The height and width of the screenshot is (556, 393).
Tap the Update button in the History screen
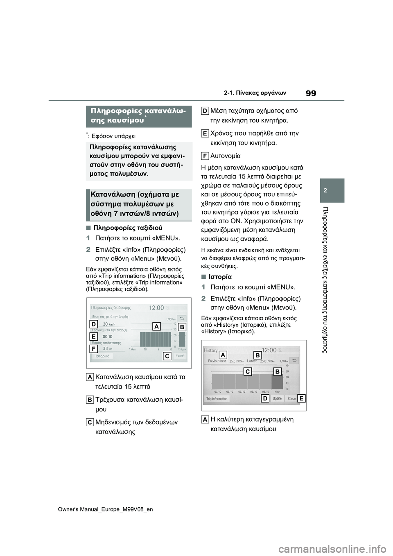(x=278, y=398)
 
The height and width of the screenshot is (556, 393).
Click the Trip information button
(x=217, y=399)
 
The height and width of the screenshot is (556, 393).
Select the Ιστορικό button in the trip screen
(x=102, y=356)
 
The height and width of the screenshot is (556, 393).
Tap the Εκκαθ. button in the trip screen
(x=180, y=356)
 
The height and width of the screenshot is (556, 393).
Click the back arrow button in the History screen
(x=295, y=360)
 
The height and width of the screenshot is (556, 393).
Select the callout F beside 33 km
(x=93, y=349)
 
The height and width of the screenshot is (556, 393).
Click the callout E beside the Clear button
(x=301, y=398)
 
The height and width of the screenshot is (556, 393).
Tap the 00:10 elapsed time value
(x=107, y=337)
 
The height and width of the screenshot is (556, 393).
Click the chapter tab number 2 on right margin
(x=332, y=191)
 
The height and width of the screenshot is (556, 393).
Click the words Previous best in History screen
(x=217, y=361)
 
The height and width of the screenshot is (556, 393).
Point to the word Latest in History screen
(x=252, y=361)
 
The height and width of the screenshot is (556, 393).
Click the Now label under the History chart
(x=277, y=392)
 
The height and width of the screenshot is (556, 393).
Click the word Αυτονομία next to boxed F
(x=225, y=156)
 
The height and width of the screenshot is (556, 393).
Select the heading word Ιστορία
(x=220, y=277)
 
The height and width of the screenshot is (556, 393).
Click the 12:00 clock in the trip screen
(x=156, y=308)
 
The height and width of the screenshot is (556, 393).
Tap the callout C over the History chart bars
(x=248, y=372)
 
